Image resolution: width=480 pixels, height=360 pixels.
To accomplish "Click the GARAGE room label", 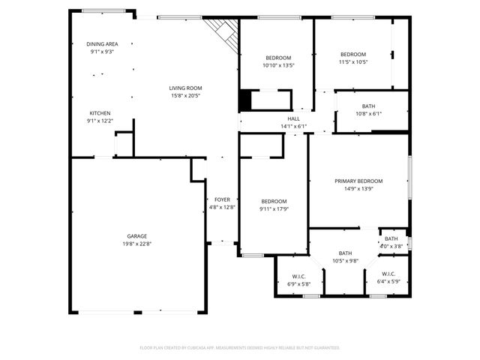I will (136, 235).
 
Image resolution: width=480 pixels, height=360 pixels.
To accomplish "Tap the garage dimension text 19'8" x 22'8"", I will (136, 243).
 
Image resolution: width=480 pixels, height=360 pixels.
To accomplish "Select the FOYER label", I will (222, 199).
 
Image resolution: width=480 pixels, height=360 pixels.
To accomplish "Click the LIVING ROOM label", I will (185, 88).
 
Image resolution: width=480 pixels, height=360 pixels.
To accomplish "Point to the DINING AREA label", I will (101, 44).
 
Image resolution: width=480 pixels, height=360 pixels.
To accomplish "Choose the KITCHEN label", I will (100, 113).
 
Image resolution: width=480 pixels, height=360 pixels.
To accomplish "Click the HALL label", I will (293, 118).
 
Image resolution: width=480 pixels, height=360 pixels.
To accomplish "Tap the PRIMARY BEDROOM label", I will (358, 181).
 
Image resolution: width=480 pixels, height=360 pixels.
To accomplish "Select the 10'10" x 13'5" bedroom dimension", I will (278, 65).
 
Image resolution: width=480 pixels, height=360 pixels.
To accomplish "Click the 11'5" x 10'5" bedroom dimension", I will (352, 61).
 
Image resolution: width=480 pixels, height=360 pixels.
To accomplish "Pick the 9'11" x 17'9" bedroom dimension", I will (274, 208).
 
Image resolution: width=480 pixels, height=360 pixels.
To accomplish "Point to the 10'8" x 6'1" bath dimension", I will (368, 114).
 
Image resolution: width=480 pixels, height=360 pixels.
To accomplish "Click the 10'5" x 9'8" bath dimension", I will (345, 261).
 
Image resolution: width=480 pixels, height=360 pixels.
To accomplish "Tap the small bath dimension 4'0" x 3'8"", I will (391, 246).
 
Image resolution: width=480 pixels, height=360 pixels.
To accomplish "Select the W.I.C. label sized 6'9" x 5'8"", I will (298, 284).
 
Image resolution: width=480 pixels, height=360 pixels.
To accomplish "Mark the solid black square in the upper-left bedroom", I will (244, 100).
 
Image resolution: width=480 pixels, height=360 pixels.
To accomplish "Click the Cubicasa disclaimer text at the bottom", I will (239, 348).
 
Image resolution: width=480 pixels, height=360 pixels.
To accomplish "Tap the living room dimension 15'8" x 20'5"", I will (185, 96).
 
